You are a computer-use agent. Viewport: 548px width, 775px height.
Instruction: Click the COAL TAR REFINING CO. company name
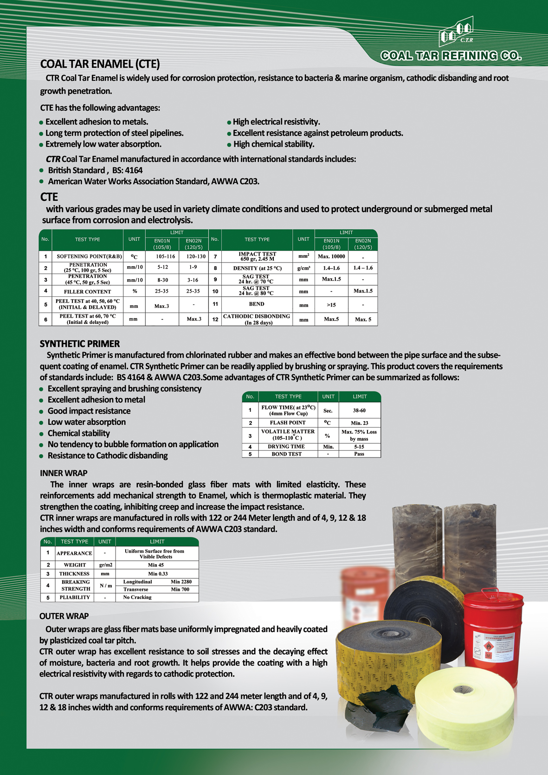(451, 56)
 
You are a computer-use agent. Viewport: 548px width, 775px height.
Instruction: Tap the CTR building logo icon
(457, 32)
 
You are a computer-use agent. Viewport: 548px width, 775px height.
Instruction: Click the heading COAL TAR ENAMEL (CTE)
(100, 64)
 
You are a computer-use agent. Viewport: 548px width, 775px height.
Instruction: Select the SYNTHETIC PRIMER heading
(80, 344)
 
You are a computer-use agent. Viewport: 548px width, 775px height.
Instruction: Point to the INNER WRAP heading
(64, 473)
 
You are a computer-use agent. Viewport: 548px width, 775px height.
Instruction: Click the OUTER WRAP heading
(64, 616)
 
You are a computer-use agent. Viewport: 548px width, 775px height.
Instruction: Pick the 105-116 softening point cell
(162, 256)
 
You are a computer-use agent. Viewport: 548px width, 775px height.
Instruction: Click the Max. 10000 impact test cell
(331, 256)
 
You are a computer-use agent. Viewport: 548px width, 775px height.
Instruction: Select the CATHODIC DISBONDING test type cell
(257, 319)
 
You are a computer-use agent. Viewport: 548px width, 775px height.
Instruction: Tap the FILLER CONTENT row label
(87, 292)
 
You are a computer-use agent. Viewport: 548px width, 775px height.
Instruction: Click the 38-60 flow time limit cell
(359, 410)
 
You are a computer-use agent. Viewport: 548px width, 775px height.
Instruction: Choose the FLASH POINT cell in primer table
(288, 423)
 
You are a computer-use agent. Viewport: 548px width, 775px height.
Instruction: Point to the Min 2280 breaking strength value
(181, 582)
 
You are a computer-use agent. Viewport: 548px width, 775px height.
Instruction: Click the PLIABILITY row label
(74, 597)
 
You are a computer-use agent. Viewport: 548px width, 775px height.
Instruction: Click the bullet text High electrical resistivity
(276, 122)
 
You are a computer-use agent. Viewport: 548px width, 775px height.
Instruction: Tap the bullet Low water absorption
(87, 422)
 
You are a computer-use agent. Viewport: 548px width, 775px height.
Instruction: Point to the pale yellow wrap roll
(464, 705)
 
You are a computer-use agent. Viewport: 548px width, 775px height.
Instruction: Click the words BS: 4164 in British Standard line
(127, 171)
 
